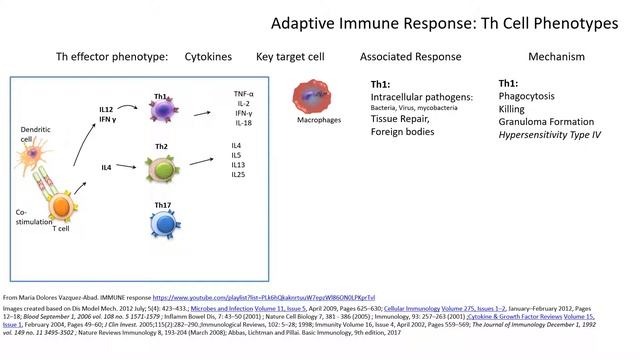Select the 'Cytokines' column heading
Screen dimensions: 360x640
point(209,58)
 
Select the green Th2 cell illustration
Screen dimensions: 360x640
point(162,168)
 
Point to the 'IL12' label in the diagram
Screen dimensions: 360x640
point(106,108)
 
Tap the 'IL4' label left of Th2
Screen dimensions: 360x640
point(106,167)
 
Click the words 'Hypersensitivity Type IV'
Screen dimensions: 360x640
point(549,134)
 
